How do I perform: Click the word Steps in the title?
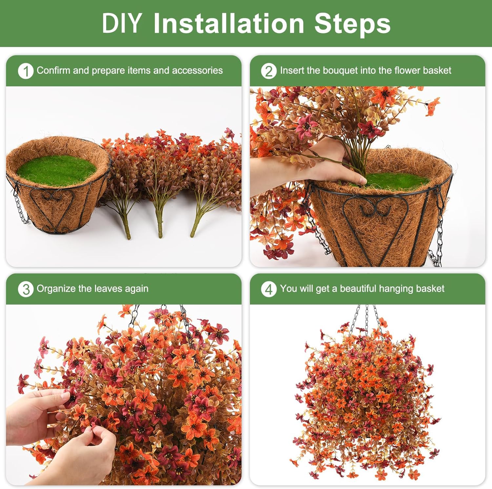[x=352, y=24]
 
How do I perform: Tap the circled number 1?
[x=26, y=71]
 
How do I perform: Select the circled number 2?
[x=269, y=71]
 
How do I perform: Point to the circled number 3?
[x=26, y=289]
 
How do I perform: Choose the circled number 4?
[x=269, y=289]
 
